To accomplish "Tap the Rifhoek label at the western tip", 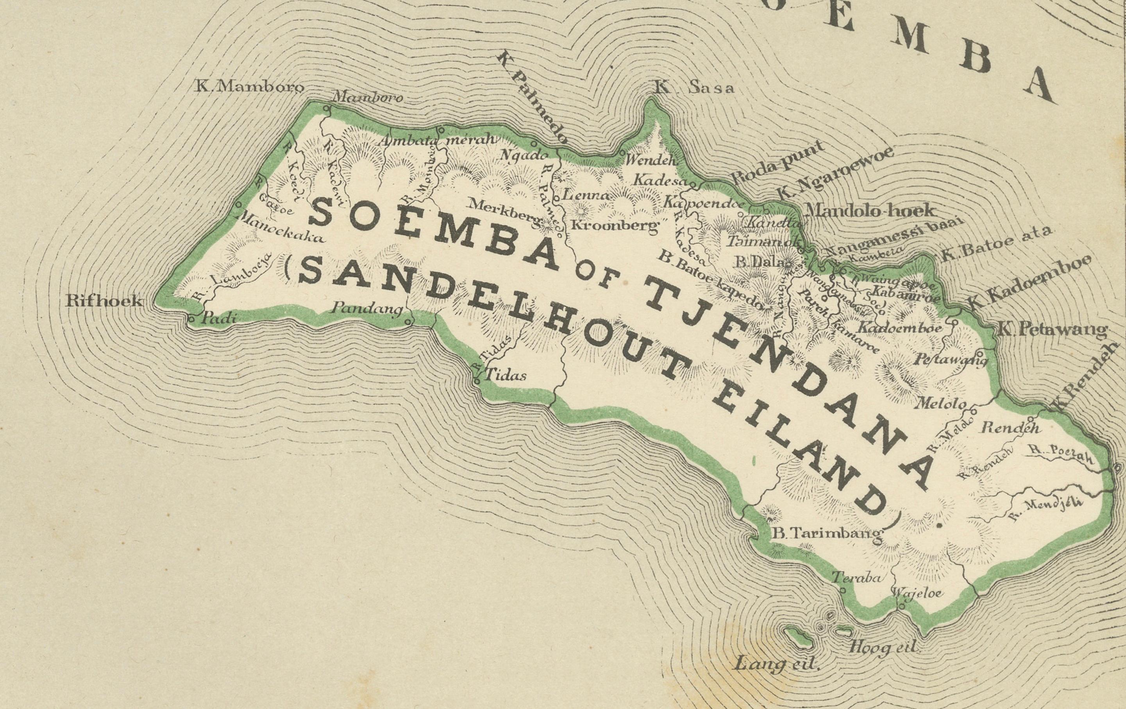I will pyautogui.click(x=104, y=301).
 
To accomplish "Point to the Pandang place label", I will pyautogui.click(x=367, y=309).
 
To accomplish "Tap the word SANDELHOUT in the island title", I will pyautogui.click(x=491, y=328).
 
